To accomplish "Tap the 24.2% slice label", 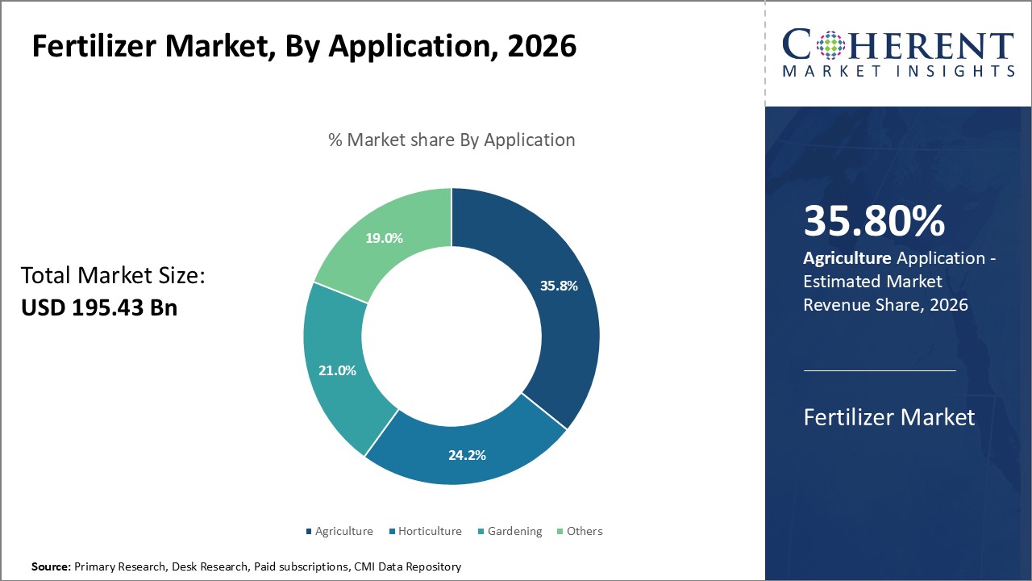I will click(x=467, y=455).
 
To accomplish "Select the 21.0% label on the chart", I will click(x=337, y=370).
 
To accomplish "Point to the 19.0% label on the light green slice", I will click(x=384, y=238).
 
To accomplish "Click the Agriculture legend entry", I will click(x=343, y=531).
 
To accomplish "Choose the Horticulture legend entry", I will click(x=429, y=531).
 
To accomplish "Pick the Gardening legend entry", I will click(x=514, y=531).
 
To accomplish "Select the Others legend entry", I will click(x=584, y=531).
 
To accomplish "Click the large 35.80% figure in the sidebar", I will click(x=874, y=221).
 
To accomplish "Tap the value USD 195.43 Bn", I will click(x=99, y=307).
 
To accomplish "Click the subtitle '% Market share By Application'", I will click(x=451, y=140).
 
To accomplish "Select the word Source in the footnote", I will click(x=51, y=566).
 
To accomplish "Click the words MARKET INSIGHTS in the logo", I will click(x=898, y=71).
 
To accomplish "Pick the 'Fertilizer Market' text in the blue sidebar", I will click(x=889, y=417).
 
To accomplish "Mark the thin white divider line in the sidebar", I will click(x=880, y=370).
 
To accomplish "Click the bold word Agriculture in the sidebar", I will click(x=847, y=258).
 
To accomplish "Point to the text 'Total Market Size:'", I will click(x=113, y=276).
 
